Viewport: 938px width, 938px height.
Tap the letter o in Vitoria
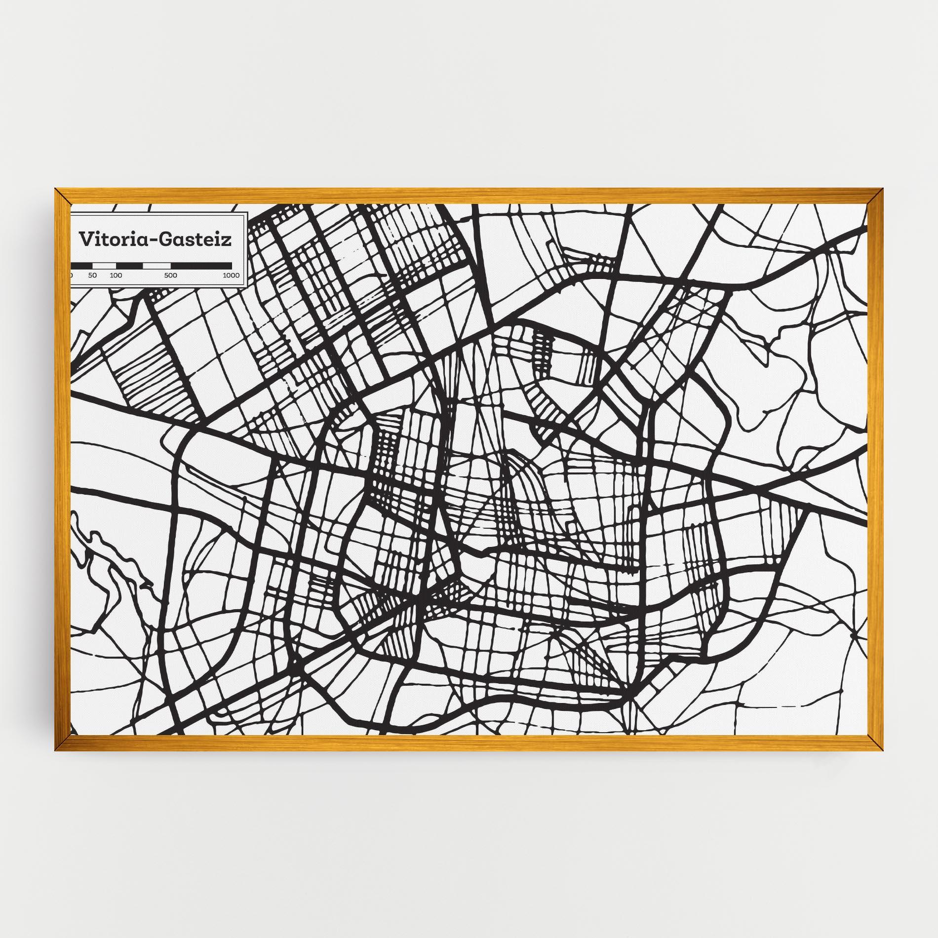115,240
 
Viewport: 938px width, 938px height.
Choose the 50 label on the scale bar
93,275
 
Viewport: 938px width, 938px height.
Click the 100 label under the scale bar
116,275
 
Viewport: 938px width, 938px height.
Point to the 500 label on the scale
171,275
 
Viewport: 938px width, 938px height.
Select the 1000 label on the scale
231,275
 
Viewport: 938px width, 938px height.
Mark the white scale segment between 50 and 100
104,266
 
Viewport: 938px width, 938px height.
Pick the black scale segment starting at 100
129,266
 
